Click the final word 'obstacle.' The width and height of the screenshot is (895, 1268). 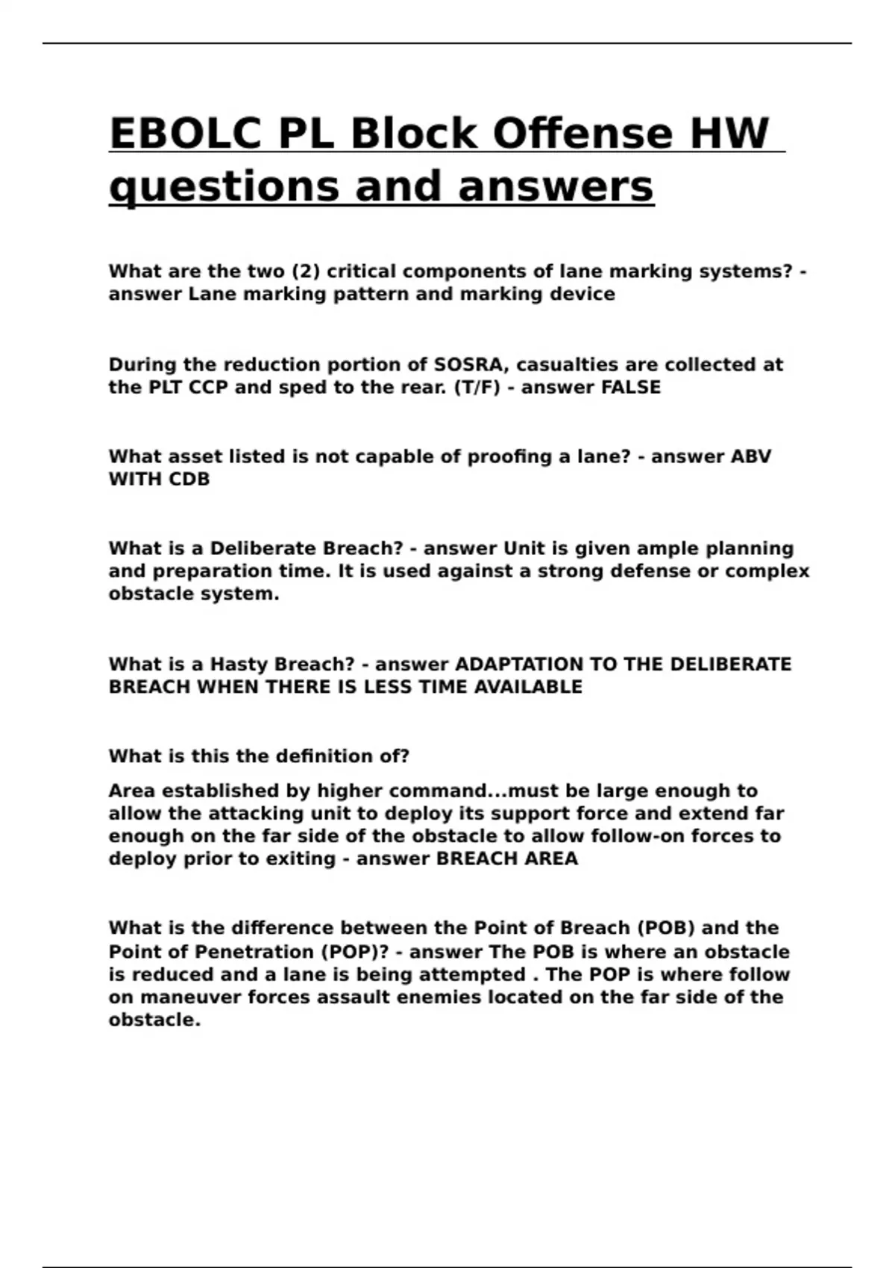click(154, 1020)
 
